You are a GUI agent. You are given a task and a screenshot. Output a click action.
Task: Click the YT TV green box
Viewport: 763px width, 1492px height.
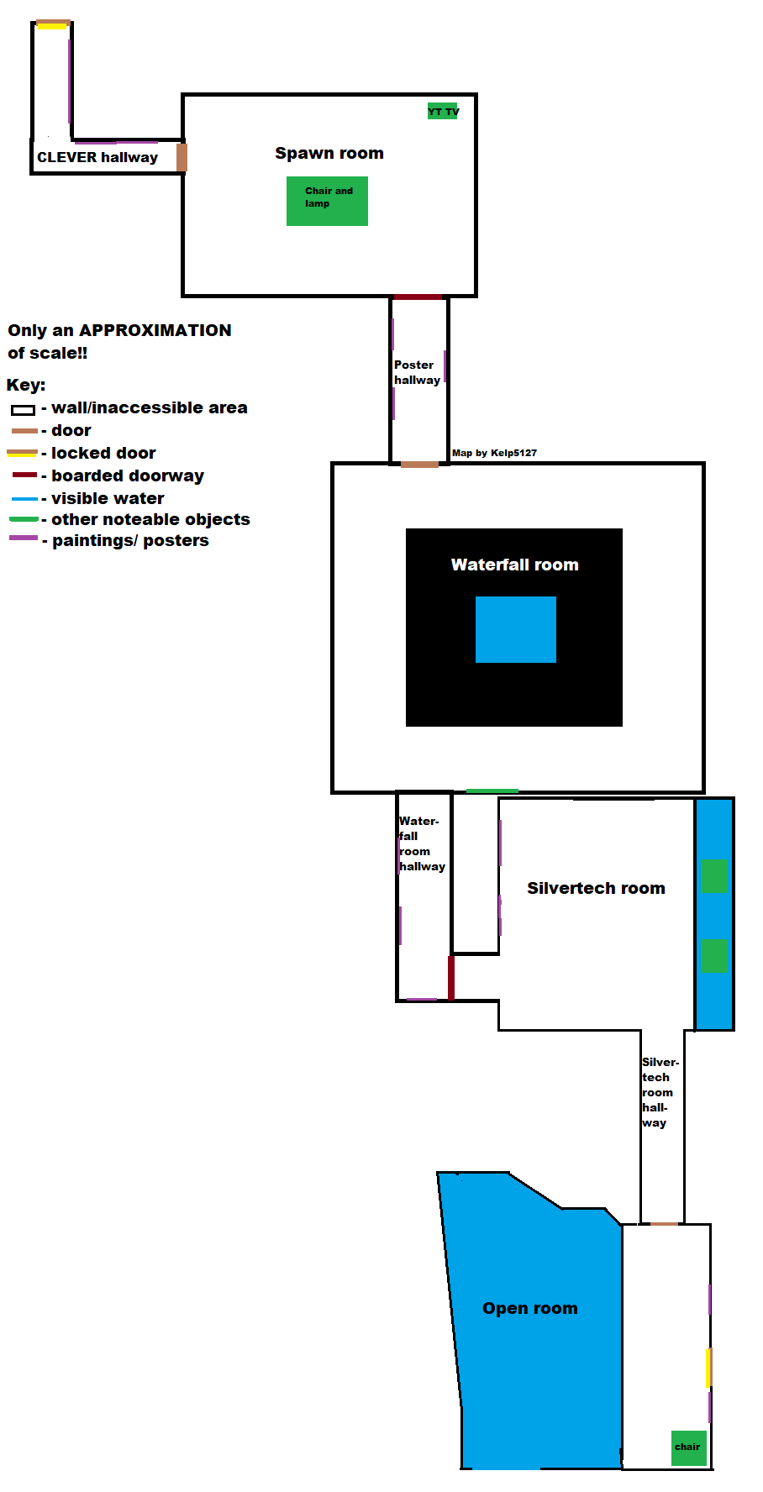tap(443, 111)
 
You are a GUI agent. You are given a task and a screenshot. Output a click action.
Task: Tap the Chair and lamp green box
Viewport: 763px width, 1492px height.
tap(327, 201)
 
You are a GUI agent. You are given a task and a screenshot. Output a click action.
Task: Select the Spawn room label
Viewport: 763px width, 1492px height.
tap(329, 153)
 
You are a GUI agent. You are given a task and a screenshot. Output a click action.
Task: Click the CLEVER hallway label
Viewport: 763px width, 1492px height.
tap(97, 157)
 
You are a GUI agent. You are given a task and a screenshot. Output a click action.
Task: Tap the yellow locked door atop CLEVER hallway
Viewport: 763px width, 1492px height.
tap(52, 25)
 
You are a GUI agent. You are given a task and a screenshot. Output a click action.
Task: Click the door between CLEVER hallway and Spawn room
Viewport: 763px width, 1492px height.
tap(182, 157)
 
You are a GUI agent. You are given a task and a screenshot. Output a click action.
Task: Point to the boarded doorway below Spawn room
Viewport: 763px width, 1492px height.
tap(418, 297)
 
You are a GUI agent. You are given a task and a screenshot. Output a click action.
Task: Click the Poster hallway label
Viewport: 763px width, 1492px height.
tap(417, 372)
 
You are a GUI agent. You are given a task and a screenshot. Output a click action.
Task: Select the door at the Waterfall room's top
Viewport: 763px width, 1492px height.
tap(419, 464)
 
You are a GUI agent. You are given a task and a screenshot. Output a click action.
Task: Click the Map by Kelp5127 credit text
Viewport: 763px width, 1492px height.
tap(494, 453)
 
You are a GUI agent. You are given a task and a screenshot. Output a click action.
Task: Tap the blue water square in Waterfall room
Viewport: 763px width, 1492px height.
tap(515, 629)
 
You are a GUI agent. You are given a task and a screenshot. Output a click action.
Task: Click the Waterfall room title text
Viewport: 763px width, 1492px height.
tap(514, 565)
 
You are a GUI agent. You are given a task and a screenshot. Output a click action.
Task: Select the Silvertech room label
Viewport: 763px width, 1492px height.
tap(596, 888)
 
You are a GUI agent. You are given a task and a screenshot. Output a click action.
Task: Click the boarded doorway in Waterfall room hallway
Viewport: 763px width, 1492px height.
tap(451, 977)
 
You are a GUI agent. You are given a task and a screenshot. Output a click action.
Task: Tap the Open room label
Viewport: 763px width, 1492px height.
tap(529, 1308)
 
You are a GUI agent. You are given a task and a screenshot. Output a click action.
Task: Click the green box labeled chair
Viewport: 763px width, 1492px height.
tap(689, 1447)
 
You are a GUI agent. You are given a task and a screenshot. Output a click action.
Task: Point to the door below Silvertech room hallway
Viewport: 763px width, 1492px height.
tap(664, 1224)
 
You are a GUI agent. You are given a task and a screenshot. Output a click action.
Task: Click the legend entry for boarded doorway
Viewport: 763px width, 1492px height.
tap(127, 475)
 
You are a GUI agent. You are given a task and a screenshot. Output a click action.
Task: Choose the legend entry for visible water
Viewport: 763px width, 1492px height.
tap(108, 498)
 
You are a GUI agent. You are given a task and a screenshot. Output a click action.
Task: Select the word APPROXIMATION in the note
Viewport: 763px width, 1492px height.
tap(155, 330)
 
